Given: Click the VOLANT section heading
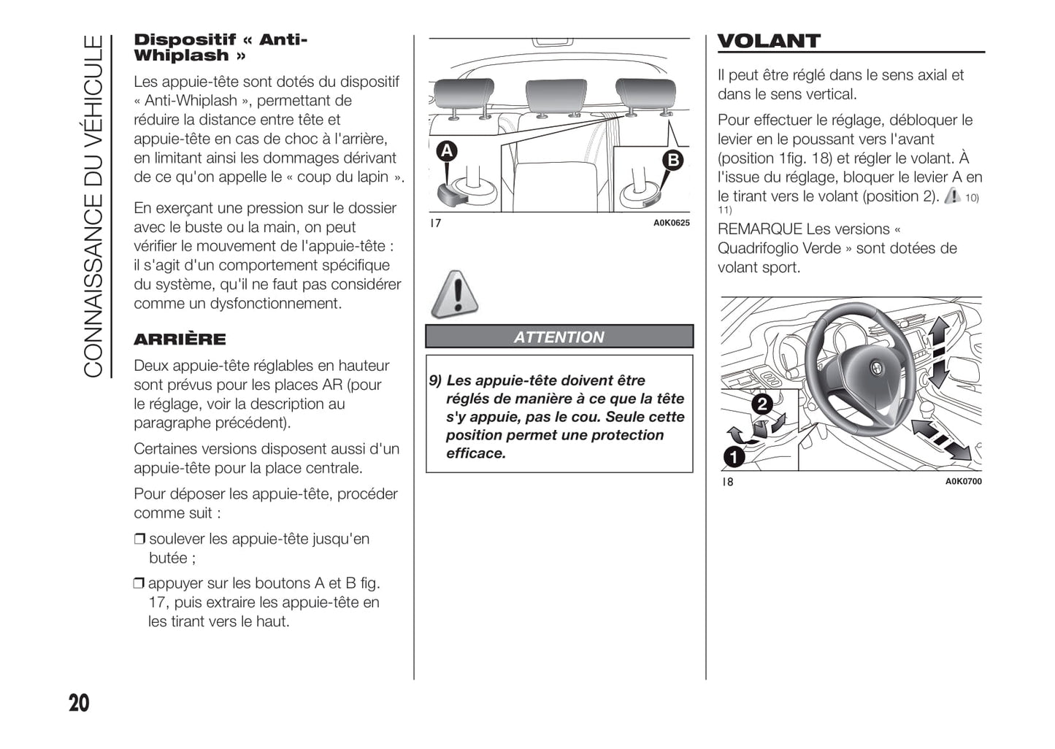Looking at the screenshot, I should pos(769,41).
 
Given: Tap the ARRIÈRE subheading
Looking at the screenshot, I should pos(180,339).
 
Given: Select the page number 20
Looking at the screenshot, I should pos(79,703).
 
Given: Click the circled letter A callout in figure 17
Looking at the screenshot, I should pos(446,151).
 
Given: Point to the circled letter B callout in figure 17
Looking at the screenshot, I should pos(672,160).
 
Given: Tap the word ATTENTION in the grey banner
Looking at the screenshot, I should pos(559,337).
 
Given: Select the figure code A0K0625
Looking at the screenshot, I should pos(671,223).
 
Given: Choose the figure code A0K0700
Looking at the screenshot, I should pos(963,482).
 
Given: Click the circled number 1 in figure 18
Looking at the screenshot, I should pos(733,457).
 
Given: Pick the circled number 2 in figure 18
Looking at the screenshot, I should pos(761,404).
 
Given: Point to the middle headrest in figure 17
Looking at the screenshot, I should pos(556,96).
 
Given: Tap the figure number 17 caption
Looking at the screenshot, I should pos(436,223).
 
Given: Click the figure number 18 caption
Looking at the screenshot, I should pos(727,482).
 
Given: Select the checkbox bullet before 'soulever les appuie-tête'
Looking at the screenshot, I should pos(139,539).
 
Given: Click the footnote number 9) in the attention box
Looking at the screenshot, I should pos(435,381).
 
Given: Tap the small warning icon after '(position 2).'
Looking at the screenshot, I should pos(952,196).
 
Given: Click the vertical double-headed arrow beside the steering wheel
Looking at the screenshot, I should pos(937,352).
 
